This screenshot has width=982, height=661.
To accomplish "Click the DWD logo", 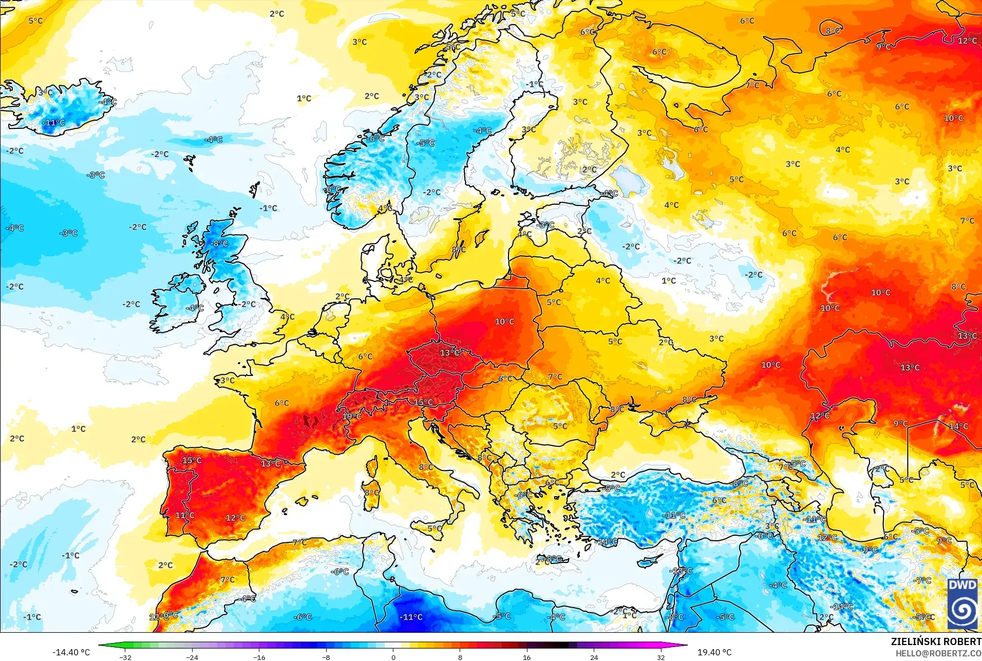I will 962,604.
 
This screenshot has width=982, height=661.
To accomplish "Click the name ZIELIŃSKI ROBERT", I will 936,642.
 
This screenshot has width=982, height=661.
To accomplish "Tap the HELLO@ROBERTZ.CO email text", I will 938,653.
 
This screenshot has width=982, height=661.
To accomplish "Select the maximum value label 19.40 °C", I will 714,652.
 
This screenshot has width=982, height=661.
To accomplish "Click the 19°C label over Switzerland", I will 352,416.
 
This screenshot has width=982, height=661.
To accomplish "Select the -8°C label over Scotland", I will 220,243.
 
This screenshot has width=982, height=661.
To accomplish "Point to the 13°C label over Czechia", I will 450,353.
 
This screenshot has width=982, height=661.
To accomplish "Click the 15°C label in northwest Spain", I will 192,460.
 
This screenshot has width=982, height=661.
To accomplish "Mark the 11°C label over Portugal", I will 185,515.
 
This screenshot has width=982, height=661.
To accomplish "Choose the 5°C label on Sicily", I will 435,528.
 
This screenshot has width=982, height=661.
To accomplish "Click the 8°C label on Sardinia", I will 372,493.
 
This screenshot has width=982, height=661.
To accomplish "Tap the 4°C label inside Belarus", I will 603,281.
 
